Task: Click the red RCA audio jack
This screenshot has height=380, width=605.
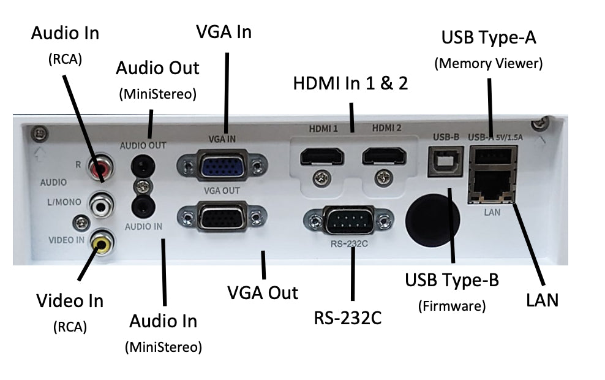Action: (x=98, y=166)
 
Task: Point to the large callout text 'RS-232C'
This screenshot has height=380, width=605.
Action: (x=351, y=318)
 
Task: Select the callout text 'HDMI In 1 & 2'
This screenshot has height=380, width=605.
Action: (x=351, y=83)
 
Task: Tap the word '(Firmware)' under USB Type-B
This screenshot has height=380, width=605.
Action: (x=452, y=305)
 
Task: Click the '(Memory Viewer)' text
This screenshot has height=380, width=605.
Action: (x=489, y=63)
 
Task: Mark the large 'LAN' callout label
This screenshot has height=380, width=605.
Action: (x=542, y=300)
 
